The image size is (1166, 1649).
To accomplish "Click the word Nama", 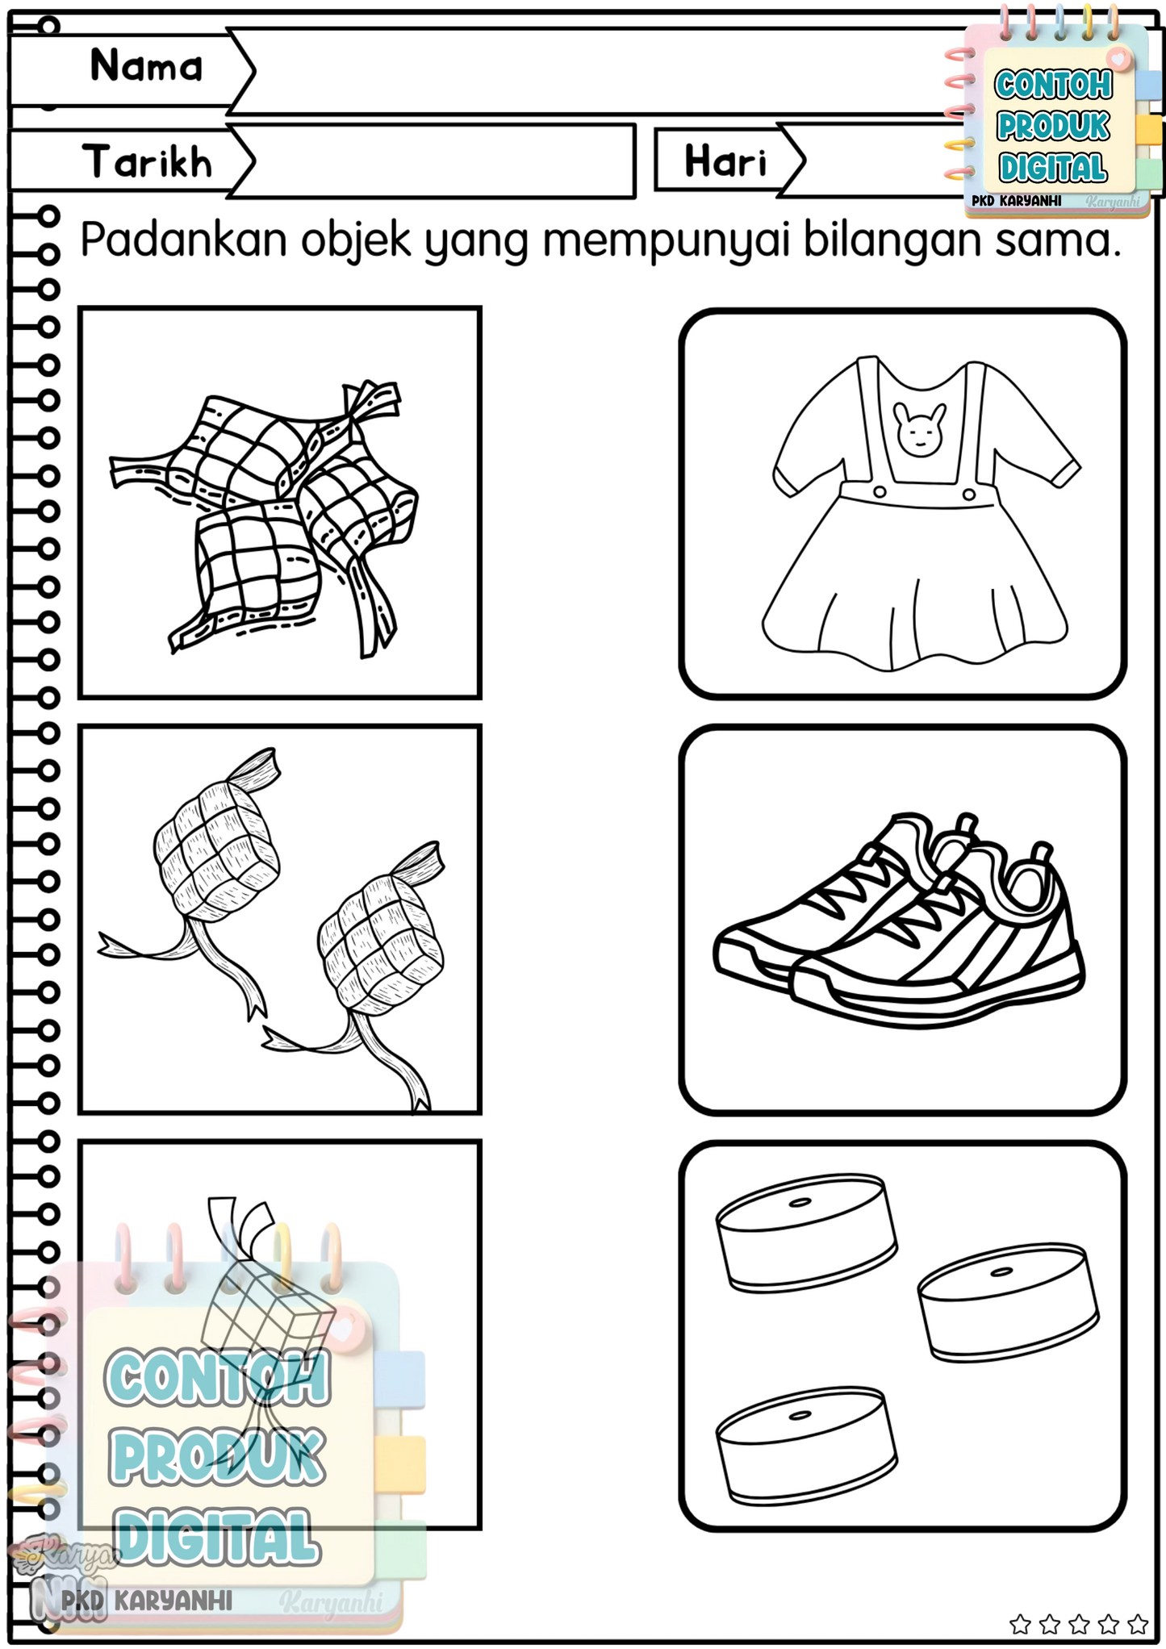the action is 146,65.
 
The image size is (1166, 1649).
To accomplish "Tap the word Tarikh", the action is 147,161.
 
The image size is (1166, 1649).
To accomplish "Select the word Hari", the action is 725,161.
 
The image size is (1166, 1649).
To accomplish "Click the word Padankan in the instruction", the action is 184,240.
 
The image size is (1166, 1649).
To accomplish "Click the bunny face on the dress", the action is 919,430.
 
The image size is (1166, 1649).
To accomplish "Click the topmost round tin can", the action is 807,1233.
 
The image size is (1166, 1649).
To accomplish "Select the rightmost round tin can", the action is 1009,1301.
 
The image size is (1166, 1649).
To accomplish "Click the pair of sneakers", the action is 900,920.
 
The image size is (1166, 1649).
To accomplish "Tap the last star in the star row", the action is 1138,1623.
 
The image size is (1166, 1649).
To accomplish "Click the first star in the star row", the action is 1021,1623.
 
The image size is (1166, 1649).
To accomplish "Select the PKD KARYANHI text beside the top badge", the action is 1017,201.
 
